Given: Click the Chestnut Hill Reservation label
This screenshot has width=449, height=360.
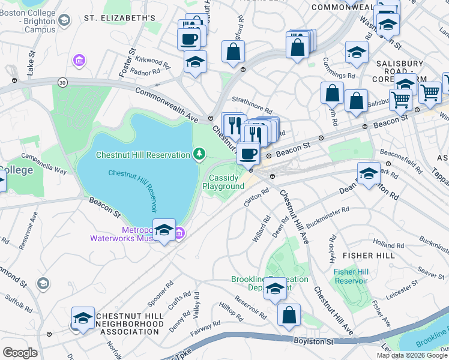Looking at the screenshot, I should pos(143,155).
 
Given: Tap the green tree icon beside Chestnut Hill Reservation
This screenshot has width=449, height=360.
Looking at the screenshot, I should pos(199,155).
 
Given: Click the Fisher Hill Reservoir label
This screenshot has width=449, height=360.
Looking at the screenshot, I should pos(351,277).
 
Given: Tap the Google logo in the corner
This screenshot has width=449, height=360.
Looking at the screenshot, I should pos(20,352).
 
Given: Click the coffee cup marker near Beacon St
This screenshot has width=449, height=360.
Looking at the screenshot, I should pos(248,154).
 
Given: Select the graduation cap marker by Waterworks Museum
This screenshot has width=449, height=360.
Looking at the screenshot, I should pos(164,230).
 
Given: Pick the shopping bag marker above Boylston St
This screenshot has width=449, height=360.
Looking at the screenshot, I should pos(289,314).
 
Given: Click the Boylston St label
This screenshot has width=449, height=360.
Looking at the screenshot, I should pos(313,341).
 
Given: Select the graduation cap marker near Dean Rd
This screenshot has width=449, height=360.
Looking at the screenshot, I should pos(369,174).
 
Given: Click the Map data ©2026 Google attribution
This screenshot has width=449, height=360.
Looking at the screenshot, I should pos(412,355).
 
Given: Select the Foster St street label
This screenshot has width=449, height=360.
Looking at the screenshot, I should pos(125,65).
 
